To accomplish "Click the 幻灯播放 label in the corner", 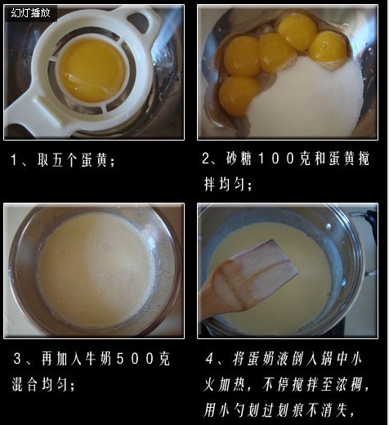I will coord(30,13).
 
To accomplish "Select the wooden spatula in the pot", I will coord(245,282).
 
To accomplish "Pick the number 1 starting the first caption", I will coord(15,161).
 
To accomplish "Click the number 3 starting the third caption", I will coord(18,359).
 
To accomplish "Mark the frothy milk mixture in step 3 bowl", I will coord(94,270).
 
